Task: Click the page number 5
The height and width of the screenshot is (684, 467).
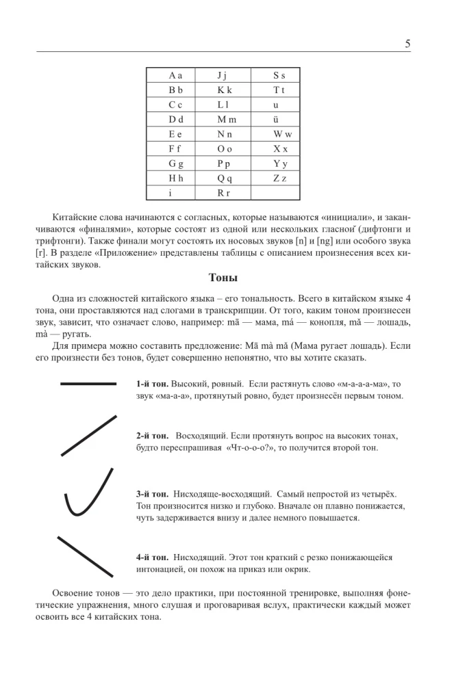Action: click(x=407, y=44)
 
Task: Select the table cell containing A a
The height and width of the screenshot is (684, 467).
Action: click(x=175, y=76)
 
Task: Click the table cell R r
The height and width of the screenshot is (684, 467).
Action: click(x=225, y=193)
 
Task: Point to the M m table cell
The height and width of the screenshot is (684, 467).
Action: click(x=225, y=120)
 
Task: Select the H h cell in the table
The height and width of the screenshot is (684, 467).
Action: click(x=175, y=178)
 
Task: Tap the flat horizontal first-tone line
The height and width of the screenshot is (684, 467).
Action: click(x=88, y=384)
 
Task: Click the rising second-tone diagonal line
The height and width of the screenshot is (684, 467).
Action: click(x=88, y=435)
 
